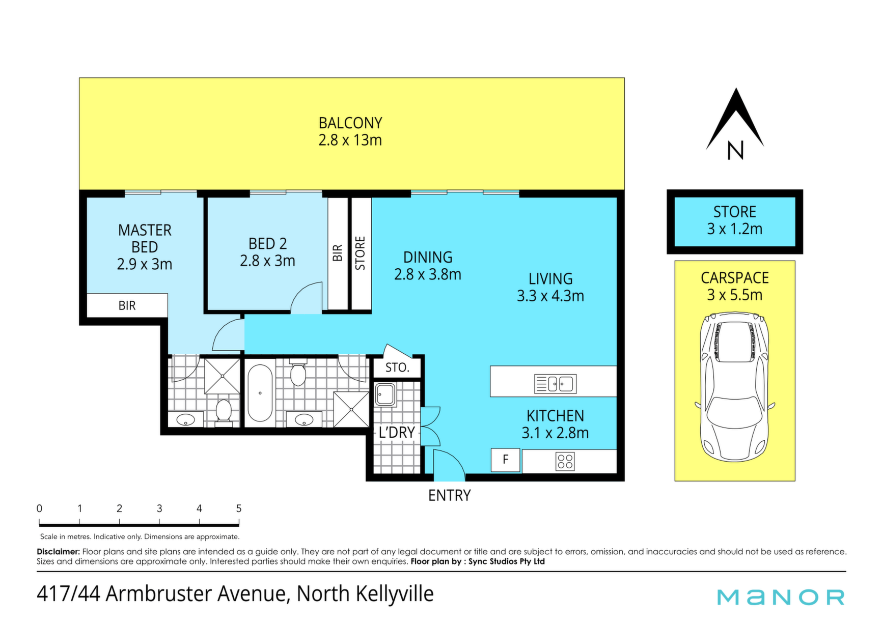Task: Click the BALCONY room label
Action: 350,123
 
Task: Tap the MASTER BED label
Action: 145,239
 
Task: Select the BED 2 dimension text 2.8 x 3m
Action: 267,261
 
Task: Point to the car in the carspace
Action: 734,387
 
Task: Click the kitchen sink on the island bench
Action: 555,384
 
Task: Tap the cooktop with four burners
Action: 565,462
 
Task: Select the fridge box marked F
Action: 505,460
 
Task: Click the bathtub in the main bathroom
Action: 260,392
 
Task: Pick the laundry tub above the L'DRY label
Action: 385,395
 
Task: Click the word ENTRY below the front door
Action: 449,495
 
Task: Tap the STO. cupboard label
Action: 397,367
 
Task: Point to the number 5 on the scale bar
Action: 239,508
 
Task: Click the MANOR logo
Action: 781,597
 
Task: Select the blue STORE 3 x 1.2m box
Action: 735,222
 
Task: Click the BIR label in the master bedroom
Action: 127,305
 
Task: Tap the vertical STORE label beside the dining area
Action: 360,253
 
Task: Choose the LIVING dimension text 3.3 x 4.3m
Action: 550,296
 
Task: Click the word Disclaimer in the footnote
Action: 58,552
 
